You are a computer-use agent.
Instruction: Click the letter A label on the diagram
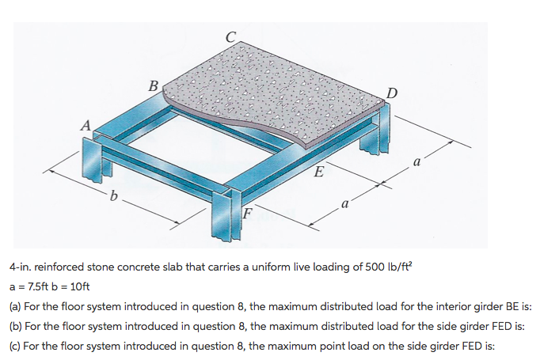click(x=85, y=123)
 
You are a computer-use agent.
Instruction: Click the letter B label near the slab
click(x=154, y=85)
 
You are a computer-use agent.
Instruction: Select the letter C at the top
click(x=230, y=36)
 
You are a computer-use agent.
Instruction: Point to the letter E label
click(x=318, y=172)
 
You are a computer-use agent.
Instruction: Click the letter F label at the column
click(x=246, y=211)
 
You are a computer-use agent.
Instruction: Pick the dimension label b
click(x=116, y=196)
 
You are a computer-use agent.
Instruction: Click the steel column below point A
click(x=93, y=162)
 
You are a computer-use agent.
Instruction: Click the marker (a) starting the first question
click(x=15, y=305)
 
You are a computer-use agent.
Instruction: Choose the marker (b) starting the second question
click(x=15, y=325)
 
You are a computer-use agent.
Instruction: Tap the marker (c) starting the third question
click(x=15, y=345)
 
